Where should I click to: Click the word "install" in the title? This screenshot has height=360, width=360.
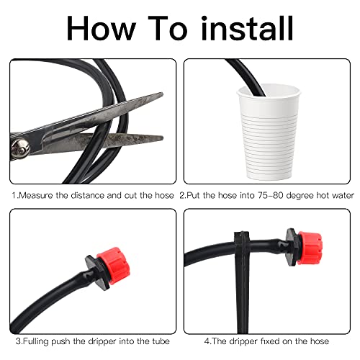click(248, 28)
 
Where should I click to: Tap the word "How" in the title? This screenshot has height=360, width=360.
click(101, 28)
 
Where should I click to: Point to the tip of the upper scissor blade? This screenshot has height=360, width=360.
click(163, 94)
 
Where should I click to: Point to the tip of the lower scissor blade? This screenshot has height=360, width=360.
click(163, 138)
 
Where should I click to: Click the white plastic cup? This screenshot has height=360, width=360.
click(269, 132)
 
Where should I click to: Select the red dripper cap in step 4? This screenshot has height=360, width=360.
click(310, 248)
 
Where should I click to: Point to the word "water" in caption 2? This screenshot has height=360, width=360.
click(343, 195)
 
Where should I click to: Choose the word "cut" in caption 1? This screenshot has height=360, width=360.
click(130, 196)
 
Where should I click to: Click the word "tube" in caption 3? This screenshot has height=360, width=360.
click(161, 341)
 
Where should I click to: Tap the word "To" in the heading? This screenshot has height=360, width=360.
click(168, 28)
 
